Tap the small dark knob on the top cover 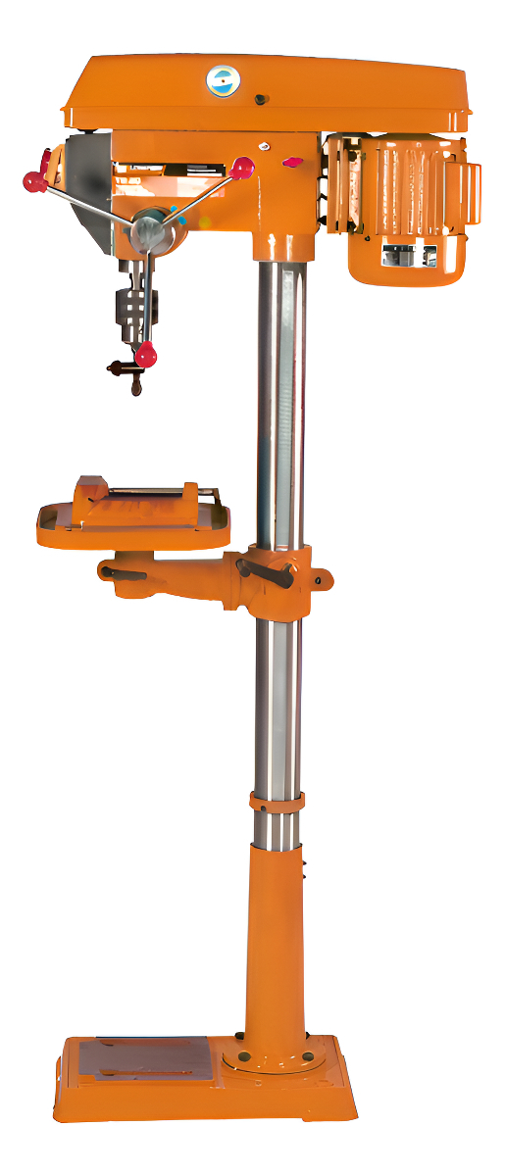(x=261, y=99)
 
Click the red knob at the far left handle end (x=34, y=181)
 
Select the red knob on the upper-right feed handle (x=242, y=170)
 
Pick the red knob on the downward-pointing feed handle (x=146, y=356)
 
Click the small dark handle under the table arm (x=122, y=574)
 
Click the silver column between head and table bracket (x=279, y=392)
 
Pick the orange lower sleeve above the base (x=276, y=931)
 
